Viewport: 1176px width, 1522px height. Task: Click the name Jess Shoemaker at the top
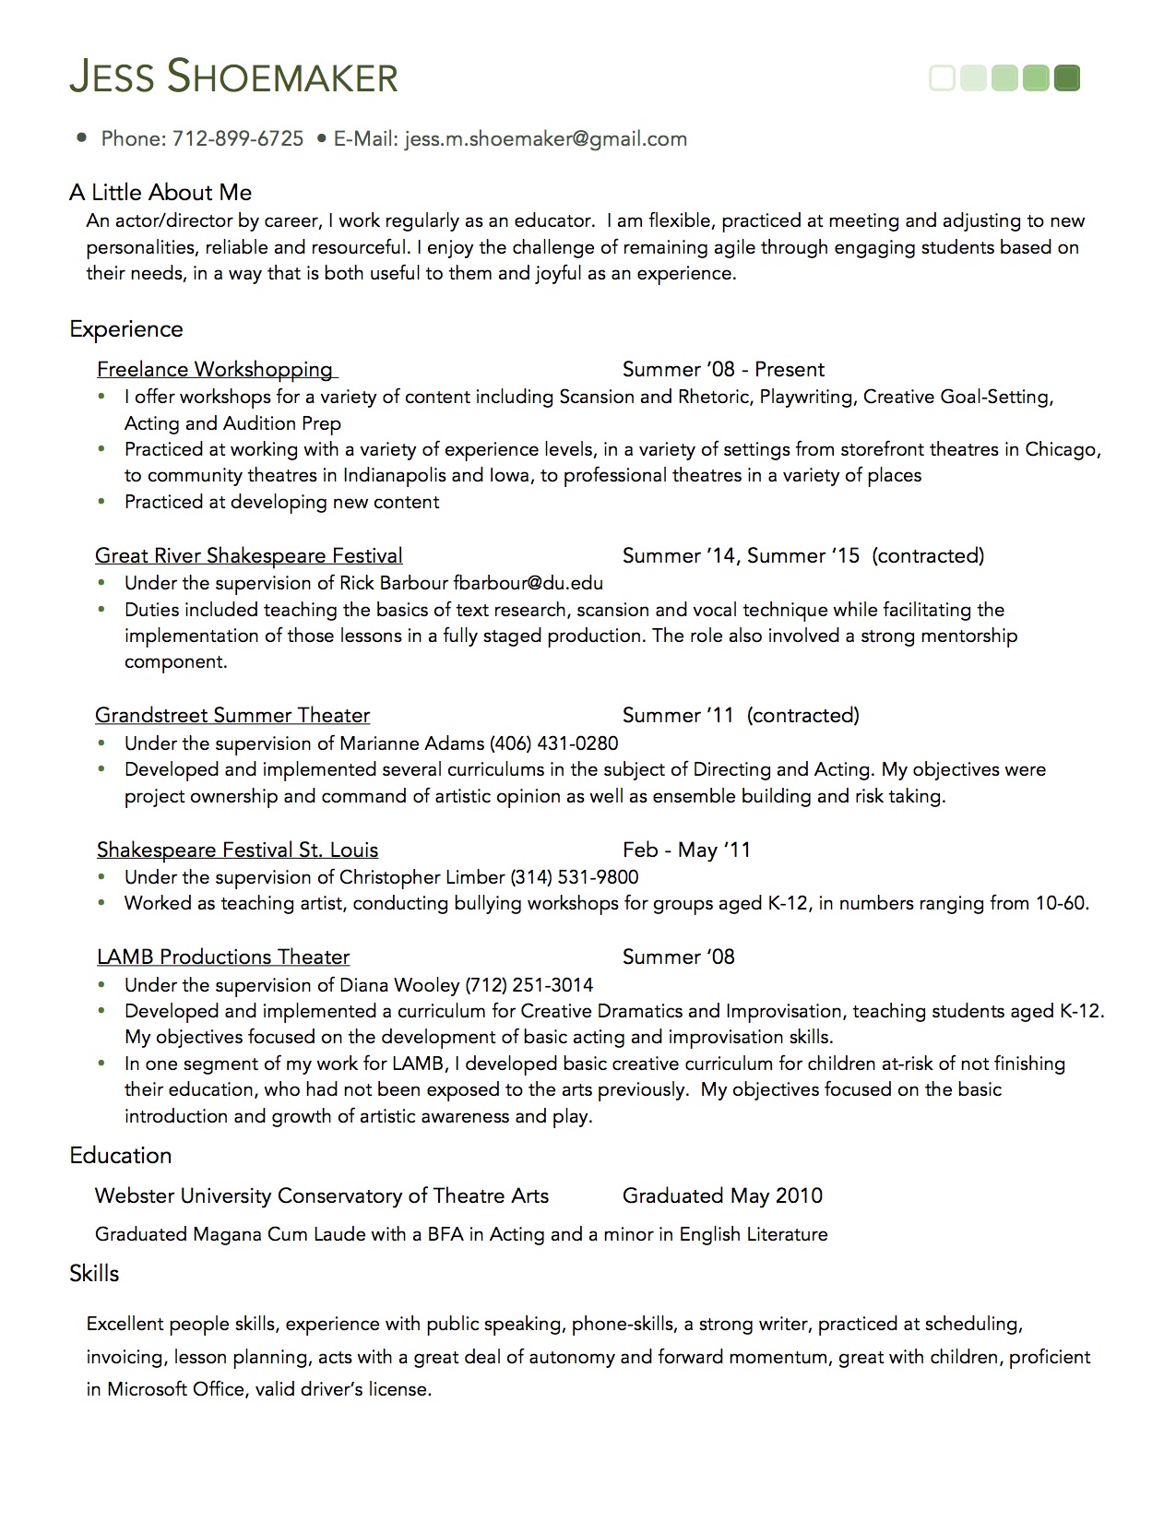click(x=233, y=77)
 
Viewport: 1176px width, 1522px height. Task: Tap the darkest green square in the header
click(x=1066, y=78)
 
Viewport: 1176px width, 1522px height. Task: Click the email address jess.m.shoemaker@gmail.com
click(x=546, y=139)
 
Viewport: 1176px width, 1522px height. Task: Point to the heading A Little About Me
click(x=160, y=192)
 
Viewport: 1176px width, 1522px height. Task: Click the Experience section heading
click(x=126, y=329)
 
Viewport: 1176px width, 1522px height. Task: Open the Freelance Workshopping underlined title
click(x=215, y=370)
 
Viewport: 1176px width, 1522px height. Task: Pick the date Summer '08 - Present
click(x=723, y=370)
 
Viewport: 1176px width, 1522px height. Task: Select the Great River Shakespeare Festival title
click(x=249, y=556)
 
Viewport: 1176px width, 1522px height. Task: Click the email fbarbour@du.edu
click(x=528, y=583)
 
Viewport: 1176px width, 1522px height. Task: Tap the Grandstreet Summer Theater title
click(x=232, y=716)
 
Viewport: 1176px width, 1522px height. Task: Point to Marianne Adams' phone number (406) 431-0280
click(x=553, y=743)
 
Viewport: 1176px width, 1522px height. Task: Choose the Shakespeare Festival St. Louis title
click(x=237, y=850)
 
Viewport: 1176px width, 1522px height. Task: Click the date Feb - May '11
click(x=686, y=850)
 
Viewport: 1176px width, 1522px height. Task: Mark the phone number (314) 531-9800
click(x=574, y=877)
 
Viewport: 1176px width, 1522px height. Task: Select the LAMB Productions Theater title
click(x=223, y=957)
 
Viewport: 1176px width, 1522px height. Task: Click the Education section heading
click(x=121, y=1156)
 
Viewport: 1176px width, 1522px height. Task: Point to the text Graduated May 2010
click(x=722, y=1196)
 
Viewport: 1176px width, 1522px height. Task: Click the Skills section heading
click(x=94, y=1274)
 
